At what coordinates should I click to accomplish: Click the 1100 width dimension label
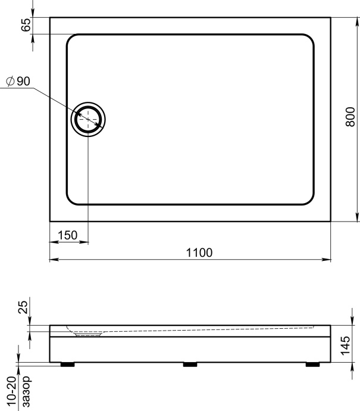[x=199, y=253]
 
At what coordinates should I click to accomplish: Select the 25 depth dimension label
[x=23, y=308]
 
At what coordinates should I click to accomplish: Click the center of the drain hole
[x=88, y=120]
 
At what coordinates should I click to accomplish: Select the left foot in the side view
[x=67, y=364]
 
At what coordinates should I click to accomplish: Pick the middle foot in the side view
[x=190, y=364]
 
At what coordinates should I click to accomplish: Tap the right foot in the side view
[x=312, y=364]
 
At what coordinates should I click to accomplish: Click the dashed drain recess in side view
[x=88, y=334]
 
